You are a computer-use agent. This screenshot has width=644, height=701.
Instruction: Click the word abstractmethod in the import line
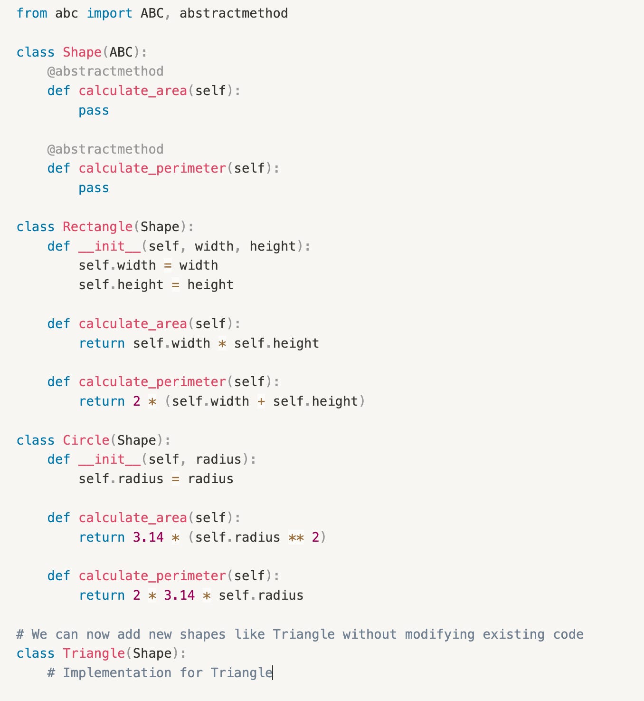tap(233, 13)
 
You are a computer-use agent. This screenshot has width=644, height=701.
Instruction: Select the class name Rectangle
tap(97, 227)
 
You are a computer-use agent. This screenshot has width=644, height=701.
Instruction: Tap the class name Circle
tap(86, 440)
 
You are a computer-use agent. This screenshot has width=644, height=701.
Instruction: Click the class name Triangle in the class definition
tap(94, 653)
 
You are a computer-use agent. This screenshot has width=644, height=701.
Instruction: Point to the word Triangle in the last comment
tap(241, 673)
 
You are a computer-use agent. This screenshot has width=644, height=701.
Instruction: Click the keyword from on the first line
tap(32, 13)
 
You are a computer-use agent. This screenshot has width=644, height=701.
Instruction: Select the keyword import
tap(109, 13)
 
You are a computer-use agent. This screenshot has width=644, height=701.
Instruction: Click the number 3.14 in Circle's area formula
tap(148, 537)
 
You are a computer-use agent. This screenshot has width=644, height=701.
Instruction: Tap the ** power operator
tap(296, 537)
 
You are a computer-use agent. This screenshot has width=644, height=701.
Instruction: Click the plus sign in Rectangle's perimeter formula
tap(261, 401)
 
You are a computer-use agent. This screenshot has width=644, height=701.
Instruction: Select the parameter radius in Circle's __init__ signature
tap(218, 459)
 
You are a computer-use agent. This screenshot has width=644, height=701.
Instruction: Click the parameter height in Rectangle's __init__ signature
tap(273, 246)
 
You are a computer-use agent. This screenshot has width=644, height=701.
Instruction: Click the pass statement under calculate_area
tap(94, 110)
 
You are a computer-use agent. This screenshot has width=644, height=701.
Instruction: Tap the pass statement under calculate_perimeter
tap(94, 188)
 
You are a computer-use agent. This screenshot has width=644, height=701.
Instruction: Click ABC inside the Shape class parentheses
tap(121, 52)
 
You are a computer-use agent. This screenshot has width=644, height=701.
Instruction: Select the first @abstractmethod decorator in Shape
tap(105, 71)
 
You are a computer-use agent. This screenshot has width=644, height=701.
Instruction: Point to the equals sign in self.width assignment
tap(168, 265)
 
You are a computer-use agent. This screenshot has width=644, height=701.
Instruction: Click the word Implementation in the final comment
tap(117, 673)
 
